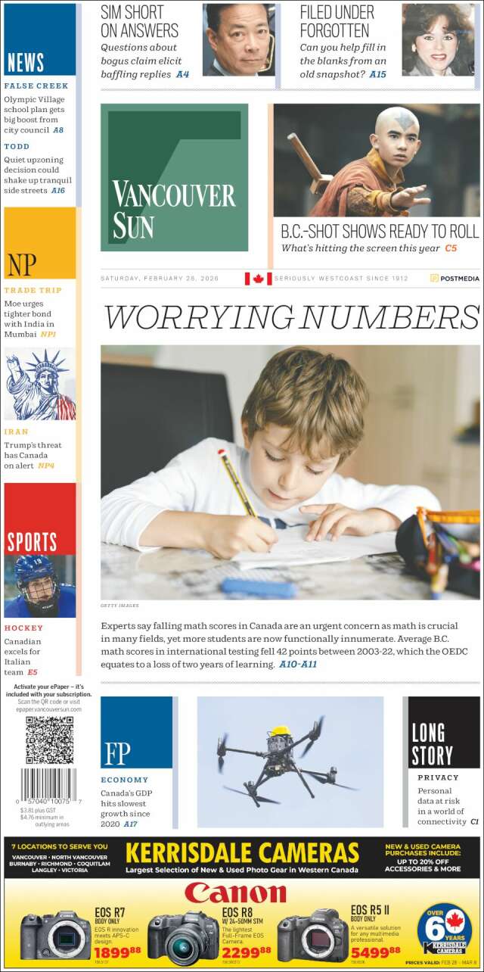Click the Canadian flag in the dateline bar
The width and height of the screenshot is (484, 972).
tap(258, 279)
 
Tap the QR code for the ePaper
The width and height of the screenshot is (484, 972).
tap(50, 740)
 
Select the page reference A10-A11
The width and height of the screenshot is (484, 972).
tap(298, 664)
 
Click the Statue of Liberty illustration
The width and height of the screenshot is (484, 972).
tap(39, 385)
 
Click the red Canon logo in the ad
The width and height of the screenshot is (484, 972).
tap(235, 893)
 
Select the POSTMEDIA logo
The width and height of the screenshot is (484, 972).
tap(455, 279)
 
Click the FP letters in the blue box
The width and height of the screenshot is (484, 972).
tap(117, 753)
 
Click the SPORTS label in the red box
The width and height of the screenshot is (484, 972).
tap(32, 542)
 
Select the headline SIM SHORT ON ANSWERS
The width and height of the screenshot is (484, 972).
tap(139, 21)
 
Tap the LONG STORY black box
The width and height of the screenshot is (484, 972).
tap(432, 743)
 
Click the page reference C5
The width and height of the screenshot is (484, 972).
tap(451, 248)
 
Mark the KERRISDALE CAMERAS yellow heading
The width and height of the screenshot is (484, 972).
tap(242, 853)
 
